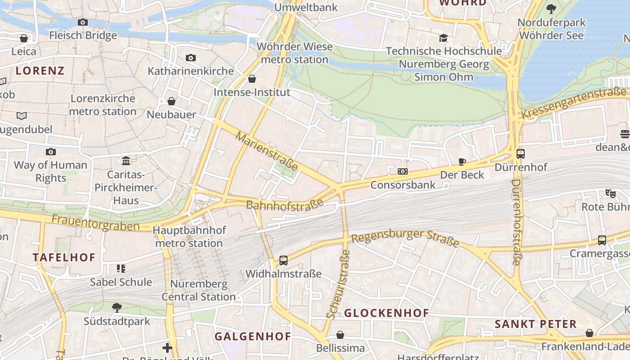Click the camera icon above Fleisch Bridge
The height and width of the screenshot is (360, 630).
tap(83, 22)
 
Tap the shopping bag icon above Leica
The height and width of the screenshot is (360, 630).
tap(24, 38)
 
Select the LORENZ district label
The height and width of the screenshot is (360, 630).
tap(40, 71)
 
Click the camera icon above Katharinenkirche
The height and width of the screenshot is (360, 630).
tap(191, 58)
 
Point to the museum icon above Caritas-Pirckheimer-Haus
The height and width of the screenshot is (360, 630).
tap(126, 161)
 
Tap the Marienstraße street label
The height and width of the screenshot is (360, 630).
tap(266, 151)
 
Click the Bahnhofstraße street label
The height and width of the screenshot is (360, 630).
tap(285, 204)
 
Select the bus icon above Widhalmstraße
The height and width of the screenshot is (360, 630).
tap(283, 260)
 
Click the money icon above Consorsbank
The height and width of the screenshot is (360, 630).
tap(403, 171)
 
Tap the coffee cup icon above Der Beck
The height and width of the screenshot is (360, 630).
tap(462, 162)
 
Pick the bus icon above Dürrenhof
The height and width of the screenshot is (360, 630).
tap(521, 154)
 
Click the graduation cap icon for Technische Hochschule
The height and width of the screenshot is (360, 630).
tap(444, 38)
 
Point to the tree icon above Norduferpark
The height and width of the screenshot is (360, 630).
tap(551, 9)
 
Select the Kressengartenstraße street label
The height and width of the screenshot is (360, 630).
tap(574, 104)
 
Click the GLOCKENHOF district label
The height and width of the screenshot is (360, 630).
tap(386, 313)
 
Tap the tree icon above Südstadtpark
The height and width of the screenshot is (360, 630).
tap(117, 308)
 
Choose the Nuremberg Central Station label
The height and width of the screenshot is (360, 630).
tap(198, 291)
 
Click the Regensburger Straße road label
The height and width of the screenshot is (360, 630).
tap(405, 238)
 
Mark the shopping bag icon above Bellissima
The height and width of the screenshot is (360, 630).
tap(340, 335)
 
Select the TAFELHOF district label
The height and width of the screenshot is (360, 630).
tap(64, 257)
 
